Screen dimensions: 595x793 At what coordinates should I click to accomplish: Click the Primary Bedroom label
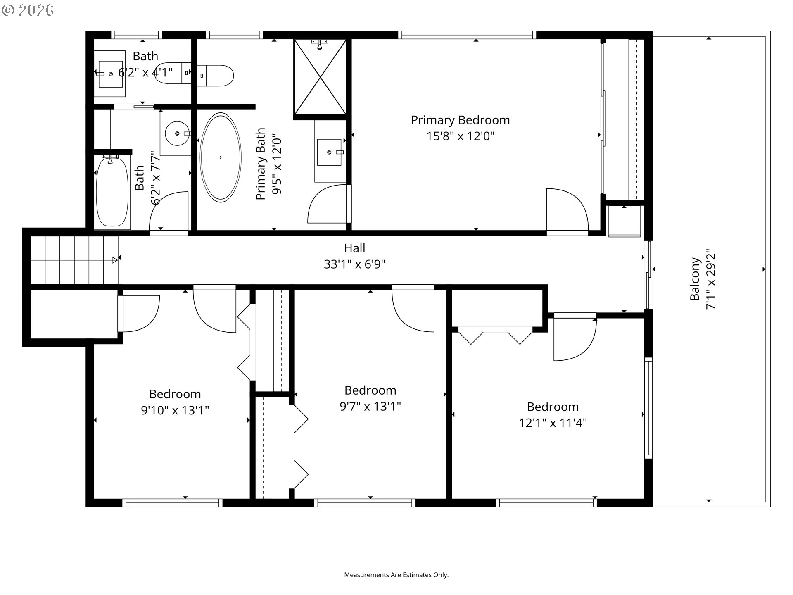point(460,120)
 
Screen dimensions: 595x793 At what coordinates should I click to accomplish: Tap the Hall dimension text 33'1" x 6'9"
point(354,264)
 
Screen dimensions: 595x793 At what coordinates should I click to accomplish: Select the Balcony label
point(695,279)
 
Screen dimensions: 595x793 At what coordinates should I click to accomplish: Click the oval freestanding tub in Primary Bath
point(220,157)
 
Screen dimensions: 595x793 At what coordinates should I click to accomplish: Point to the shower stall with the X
point(320,77)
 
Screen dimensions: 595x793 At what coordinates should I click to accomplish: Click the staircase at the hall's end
point(74,260)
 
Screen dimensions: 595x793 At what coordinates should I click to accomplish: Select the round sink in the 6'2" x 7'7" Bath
point(177,133)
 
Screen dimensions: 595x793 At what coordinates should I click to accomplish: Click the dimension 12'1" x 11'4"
point(553,423)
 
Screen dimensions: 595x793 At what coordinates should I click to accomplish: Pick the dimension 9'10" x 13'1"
point(175,410)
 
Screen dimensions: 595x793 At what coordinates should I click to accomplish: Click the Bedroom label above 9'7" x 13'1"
point(370,390)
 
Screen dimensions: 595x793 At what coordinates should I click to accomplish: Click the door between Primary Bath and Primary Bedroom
point(328,205)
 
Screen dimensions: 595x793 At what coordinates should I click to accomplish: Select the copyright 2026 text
point(28,10)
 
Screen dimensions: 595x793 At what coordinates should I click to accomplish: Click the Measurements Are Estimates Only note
point(396,575)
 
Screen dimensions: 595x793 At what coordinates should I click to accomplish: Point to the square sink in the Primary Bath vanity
point(330,152)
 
